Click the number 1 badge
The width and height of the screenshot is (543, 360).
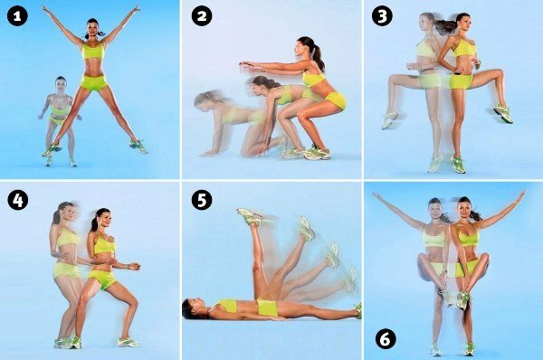coord(17,16)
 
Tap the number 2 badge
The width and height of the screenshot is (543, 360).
coord(202,16)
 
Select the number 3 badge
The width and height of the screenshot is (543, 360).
coord(382,16)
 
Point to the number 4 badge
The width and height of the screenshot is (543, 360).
coord(17,201)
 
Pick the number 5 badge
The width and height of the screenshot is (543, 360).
coord(202,201)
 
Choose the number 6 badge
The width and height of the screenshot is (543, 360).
coord(386,339)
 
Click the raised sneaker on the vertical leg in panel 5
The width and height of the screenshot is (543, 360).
coord(250,217)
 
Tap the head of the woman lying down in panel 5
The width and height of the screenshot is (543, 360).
coord(192,308)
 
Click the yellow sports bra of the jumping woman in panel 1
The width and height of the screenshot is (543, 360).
coord(93,52)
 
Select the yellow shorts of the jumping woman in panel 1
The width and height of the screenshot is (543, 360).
coord(93,83)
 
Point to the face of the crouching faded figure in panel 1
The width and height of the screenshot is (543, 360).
coord(61,87)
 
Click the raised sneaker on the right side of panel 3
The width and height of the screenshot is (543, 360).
coord(503,113)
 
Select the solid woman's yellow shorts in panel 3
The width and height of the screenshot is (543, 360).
coord(462,81)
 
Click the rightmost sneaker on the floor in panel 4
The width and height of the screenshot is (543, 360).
coord(128,342)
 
